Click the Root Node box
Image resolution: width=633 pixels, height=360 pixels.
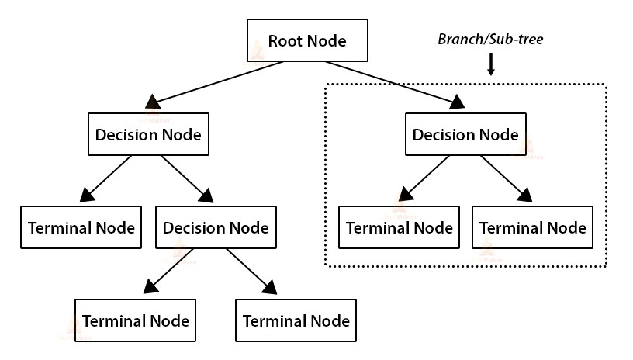(x=306, y=41)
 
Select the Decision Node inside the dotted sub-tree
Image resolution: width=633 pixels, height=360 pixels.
(x=465, y=134)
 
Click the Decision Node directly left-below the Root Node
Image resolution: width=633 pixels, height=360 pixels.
(x=148, y=134)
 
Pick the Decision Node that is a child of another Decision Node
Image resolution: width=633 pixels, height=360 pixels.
(x=215, y=227)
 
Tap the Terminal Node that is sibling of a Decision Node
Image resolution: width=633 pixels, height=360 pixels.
(x=81, y=227)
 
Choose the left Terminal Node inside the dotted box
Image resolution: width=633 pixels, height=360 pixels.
(x=400, y=227)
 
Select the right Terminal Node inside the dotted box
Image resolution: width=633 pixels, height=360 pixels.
(x=533, y=227)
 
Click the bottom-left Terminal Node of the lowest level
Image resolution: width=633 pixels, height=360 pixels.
(x=136, y=320)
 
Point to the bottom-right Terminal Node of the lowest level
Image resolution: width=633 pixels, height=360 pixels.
(x=296, y=320)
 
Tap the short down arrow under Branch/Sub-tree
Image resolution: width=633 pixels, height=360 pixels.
(x=490, y=65)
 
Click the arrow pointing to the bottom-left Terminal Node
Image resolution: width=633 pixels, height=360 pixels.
(x=166, y=272)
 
